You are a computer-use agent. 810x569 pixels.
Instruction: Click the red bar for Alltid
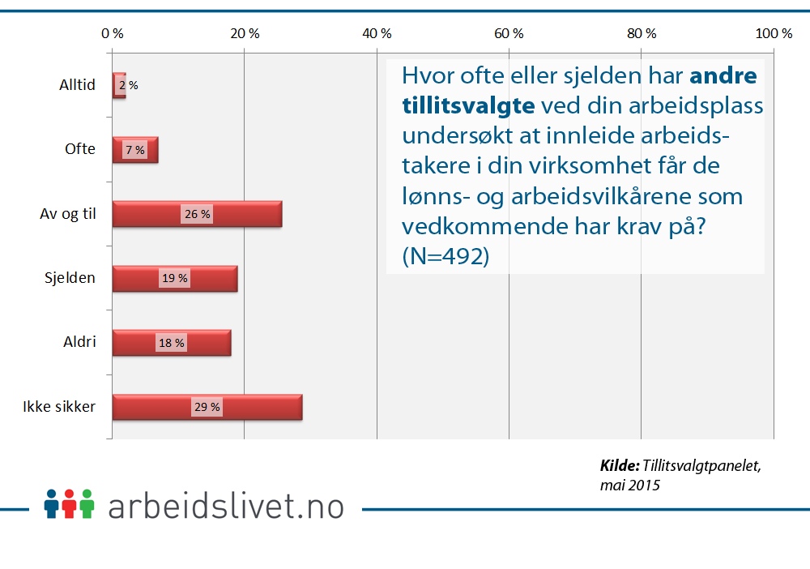click(119, 84)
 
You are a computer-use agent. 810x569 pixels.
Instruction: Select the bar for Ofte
click(135, 150)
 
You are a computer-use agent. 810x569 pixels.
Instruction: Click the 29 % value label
click(207, 408)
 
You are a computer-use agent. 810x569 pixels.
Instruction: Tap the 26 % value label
click(197, 215)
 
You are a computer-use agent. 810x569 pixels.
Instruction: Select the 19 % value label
click(175, 279)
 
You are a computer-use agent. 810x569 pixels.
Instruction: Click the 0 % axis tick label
click(113, 33)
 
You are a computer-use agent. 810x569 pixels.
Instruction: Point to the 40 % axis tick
click(377, 33)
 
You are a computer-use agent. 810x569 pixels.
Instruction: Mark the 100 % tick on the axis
click(773, 33)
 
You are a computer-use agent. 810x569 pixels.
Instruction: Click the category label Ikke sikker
click(59, 407)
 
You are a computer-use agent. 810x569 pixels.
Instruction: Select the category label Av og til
click(68, 214)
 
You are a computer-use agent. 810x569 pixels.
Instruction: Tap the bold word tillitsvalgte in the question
click(468, 105)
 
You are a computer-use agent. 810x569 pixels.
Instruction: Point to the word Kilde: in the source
click(620, 466)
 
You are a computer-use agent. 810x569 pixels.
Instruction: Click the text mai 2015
click(629, 486)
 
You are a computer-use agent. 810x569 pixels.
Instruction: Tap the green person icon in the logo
click(87, 503)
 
